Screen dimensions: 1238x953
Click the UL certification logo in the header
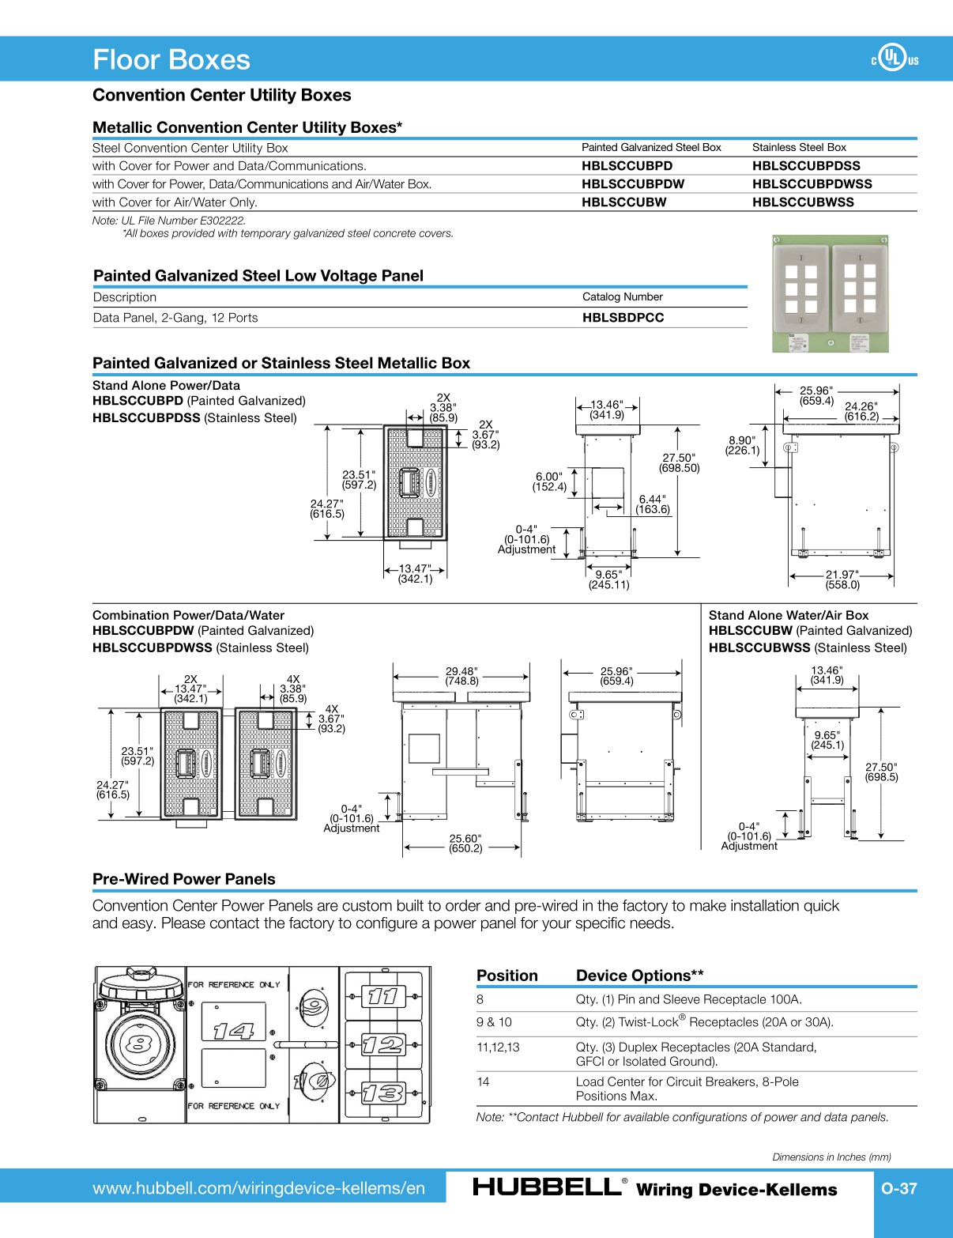click(x=894, y=58)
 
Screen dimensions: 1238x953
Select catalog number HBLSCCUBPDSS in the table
click(x=806, y=166)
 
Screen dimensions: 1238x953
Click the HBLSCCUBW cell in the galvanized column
click(x=623, y=202)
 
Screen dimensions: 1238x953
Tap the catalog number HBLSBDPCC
click(x=623, y=318)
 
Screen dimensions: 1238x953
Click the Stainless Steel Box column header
click(x=798, y=147)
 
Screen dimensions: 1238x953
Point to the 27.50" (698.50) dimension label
click(x=679, y=463)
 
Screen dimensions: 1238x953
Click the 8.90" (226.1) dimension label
click(x=742, y=446)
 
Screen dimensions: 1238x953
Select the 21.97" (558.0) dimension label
click(x=842, y=579)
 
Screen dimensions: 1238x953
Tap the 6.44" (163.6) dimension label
click(x=653, y=504)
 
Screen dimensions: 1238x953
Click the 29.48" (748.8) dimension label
click(x=461, y=676)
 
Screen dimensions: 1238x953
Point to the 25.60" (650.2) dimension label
click(x=465, y=844)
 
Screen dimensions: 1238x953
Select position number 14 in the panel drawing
click(x=233, y=1031)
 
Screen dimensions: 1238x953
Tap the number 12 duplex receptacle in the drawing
click(x=383, y=1045)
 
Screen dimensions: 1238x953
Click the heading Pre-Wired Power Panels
click(x=183, y=879)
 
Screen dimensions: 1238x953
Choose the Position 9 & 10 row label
click(x=494, y=1022)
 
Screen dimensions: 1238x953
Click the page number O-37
click(x=898, y=1188)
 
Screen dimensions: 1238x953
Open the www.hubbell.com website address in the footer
click(x=258, y=1188)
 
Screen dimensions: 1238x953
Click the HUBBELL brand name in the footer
click(x=546, y=1187)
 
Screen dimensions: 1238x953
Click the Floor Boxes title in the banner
click(x=171, y=60)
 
